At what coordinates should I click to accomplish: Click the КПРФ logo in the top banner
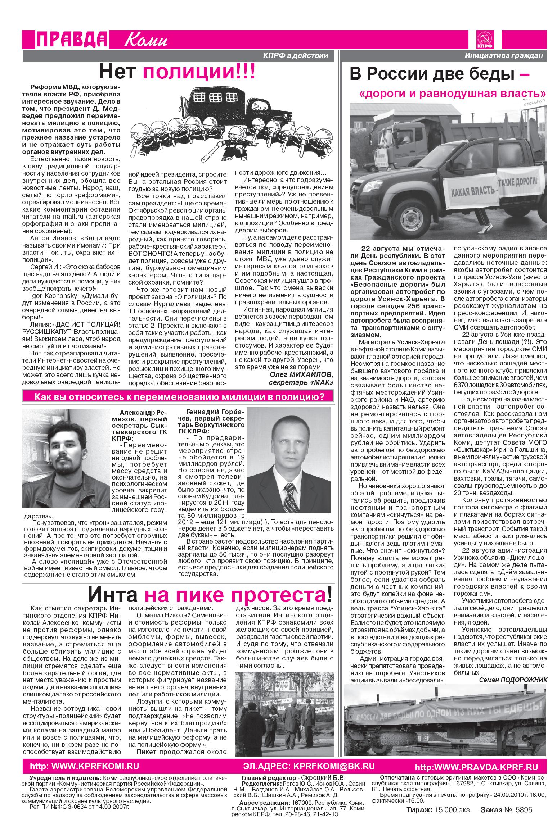tap(485, 40)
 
